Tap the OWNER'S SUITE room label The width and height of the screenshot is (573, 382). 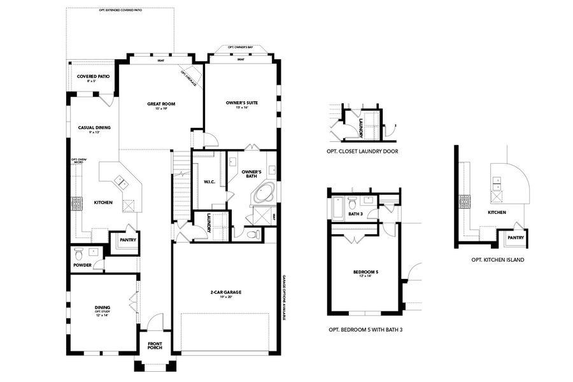pos(241,104)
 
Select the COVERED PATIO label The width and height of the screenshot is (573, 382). pos(94,78)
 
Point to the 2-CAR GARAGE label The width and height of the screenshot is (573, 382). pos(225,294)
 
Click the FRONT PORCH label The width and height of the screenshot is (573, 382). pos(155,346)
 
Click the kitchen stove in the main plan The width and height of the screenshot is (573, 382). pos(76,203)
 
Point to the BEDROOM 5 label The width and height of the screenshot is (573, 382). pos(365,273)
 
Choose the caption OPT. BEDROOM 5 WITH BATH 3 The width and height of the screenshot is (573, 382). pos(365,330)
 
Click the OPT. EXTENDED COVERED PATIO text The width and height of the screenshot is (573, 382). pos(120,11)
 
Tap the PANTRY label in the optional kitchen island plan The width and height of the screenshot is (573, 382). pos(516,237)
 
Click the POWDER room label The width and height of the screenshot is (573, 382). pos(83,265)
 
